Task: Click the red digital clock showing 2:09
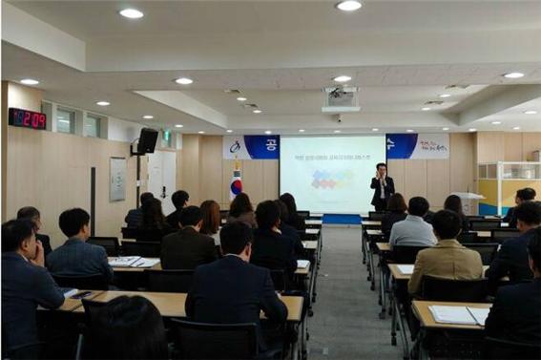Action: pos(27,118)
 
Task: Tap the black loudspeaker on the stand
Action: pos(148,140)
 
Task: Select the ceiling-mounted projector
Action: pos(340,95)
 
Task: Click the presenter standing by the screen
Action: pos(382,187)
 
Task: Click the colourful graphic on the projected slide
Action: pos(331,179)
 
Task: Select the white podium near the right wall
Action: pos(468,202)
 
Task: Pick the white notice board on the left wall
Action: pos(117,179)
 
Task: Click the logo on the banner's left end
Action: pos(234,146)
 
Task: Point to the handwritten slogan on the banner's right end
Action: pos(431,145)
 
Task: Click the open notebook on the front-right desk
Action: pos(457,313)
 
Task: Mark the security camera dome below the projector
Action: pos(337,117)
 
